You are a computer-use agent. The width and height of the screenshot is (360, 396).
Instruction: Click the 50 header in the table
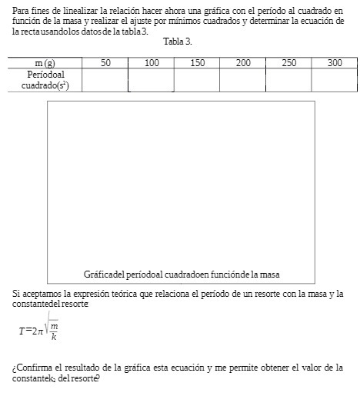click(105, 63)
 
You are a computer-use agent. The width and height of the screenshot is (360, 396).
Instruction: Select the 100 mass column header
click(152, 63)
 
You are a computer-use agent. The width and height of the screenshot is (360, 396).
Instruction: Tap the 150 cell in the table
click(197, 63)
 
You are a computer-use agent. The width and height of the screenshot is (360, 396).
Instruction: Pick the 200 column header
click(243, 63)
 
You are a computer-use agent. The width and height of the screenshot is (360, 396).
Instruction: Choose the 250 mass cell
click(288, 63)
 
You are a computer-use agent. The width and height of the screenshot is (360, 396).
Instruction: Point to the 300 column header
click(335, 63)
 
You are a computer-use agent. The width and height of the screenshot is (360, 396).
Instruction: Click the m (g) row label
click(45, 63)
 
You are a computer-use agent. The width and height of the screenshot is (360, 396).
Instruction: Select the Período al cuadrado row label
click(45, 80)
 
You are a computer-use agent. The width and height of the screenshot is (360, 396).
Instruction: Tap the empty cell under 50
click(105, 80)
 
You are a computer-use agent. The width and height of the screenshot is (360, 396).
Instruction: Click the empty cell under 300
click(335, 80)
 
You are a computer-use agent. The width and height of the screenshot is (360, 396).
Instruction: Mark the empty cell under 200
click(243, 80)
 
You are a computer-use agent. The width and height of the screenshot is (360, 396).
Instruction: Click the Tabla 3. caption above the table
click(178, 41)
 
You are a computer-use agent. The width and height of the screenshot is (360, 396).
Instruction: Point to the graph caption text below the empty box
click(181, 275)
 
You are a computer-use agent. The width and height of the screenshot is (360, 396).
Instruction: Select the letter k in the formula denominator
click(54, 337)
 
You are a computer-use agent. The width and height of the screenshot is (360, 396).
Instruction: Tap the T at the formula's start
click(22, 331)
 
